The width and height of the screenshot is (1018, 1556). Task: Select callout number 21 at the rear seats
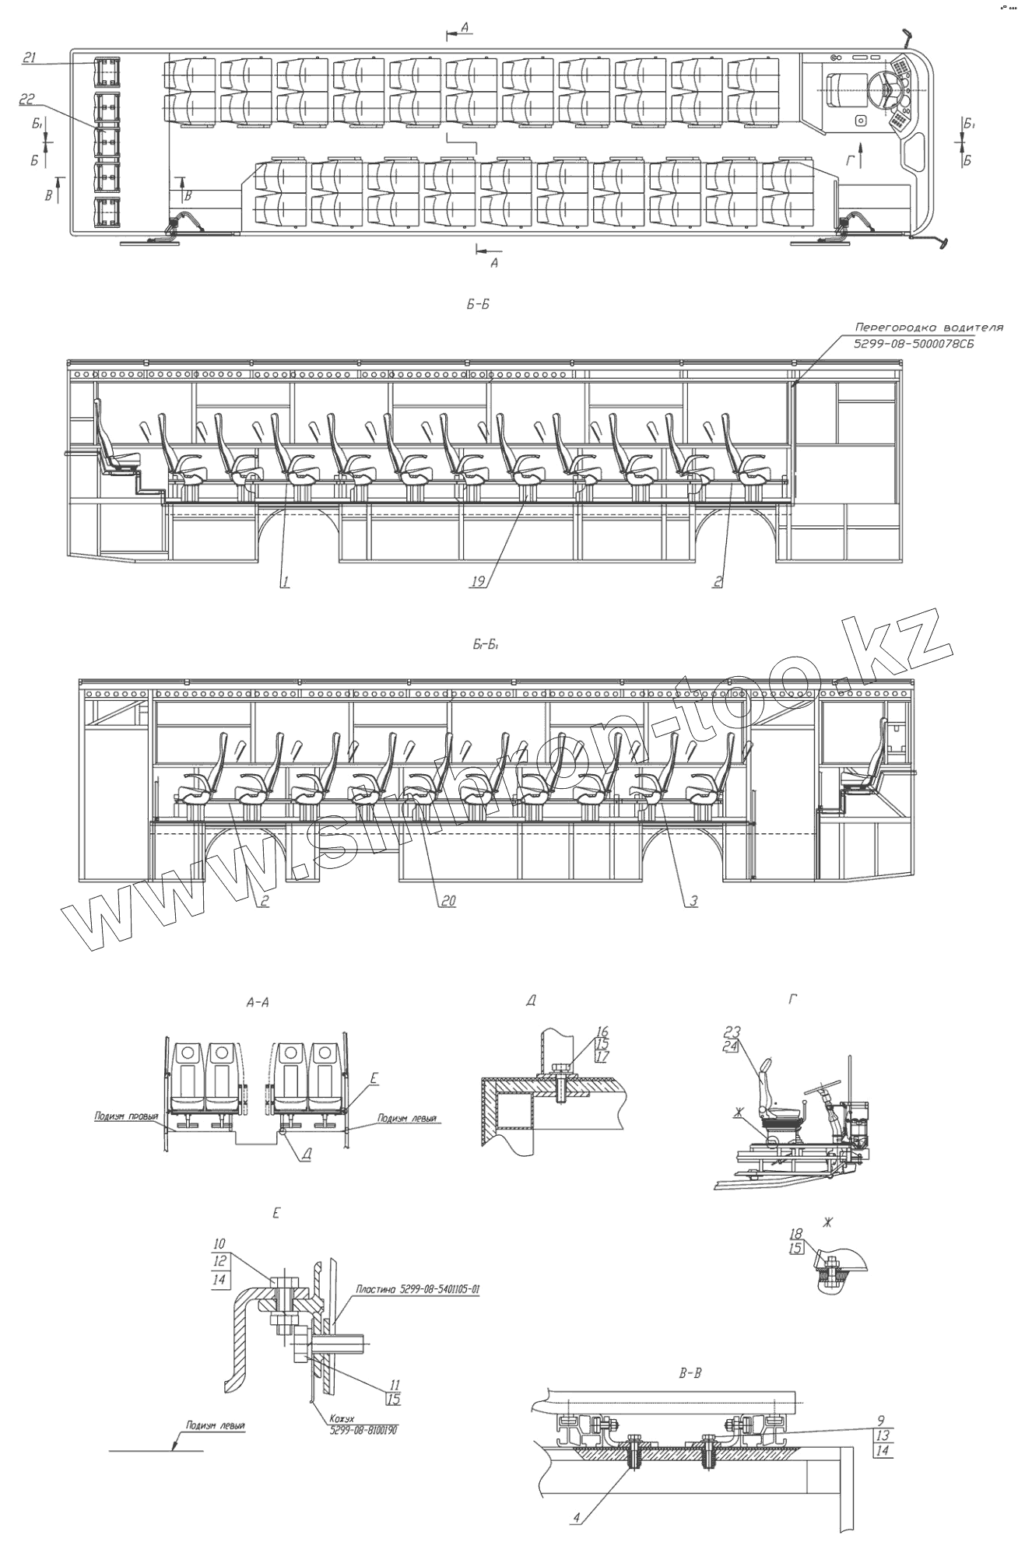click(30, 58)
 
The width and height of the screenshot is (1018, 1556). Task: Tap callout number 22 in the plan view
click(26, 99)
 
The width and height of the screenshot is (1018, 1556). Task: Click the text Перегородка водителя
click(928, 328)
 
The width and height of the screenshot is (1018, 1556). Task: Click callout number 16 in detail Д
click(602, 1032)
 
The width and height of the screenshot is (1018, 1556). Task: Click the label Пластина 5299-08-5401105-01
click(417, 1289)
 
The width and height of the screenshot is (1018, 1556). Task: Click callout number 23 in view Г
click(732, 1032)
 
